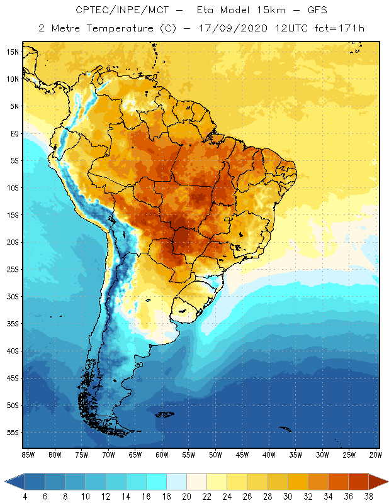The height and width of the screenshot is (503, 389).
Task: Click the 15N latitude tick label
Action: (12, 52)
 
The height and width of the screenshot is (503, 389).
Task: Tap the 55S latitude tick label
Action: (12, 433)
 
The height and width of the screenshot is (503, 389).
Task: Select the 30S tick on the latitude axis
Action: (12, 296)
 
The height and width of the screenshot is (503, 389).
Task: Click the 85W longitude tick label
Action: (28, 454)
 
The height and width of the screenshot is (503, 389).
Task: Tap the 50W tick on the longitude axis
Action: (216, 454)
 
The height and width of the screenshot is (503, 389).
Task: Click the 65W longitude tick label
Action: (135, 454)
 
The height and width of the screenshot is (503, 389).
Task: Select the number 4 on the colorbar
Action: (25, 497)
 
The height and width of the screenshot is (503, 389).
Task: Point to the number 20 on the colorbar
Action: (187, 497)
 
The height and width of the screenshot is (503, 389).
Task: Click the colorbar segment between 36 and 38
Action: (359, 482)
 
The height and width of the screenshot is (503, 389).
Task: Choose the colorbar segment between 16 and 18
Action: (156, 482)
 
